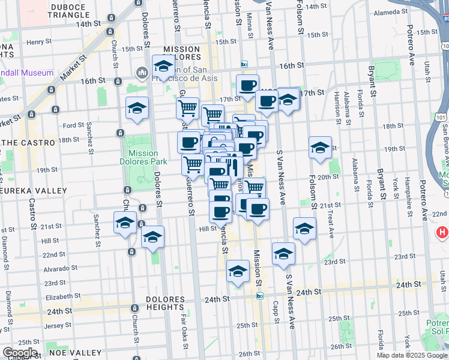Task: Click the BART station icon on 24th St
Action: (260, 295)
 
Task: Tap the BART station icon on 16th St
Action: (244, 64)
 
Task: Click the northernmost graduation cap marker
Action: (163, 67)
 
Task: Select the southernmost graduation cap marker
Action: (238, 271)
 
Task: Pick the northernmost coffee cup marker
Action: (247, 86)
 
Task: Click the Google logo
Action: (20, 353)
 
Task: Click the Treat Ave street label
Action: (330, 227)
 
